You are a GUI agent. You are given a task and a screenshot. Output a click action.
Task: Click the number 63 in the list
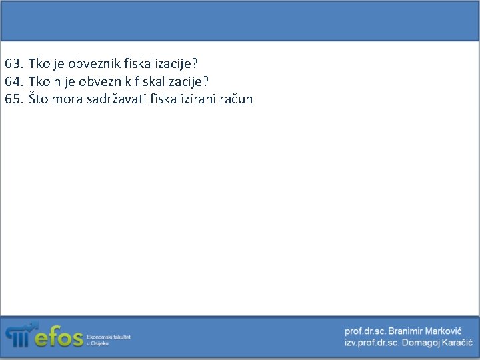[13, 65]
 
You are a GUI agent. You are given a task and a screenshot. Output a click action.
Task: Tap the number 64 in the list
[13, 82]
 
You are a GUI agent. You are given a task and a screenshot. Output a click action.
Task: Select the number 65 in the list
[13, 99]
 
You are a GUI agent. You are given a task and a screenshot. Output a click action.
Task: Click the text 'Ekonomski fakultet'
[109, 337]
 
